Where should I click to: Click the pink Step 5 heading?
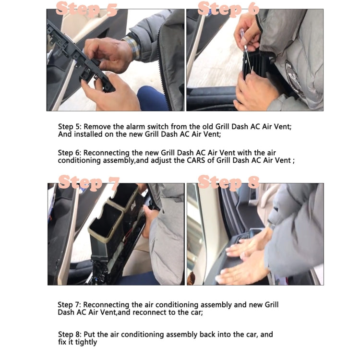pos(86,9)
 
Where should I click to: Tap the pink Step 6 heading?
pos(228,9)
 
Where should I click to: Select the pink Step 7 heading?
pos(89,182)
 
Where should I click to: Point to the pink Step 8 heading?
pos(228,182)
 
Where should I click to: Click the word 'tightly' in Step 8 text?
pos(86,342)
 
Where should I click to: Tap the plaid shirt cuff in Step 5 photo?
pos(132,48)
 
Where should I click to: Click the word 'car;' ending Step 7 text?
pos(197,312)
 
